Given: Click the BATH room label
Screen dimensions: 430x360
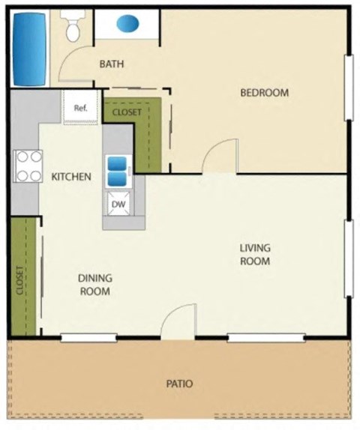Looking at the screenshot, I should (112, 64).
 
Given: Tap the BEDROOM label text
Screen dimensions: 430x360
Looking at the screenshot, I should (264, 93).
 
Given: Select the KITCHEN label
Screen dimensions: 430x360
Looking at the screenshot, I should (71, 178).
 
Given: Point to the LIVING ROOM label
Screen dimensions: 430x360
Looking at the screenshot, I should (254, 255).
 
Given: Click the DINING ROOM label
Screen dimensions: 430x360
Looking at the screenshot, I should (95, 285).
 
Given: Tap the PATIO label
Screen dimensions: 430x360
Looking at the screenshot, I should (179, 384).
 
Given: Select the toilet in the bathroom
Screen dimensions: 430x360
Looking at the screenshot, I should (73, 27).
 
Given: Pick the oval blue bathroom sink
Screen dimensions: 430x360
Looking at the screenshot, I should (128, 24).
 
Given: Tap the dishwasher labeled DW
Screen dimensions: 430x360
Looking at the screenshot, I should (118, 203).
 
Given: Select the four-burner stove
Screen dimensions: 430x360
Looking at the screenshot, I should (27, 166).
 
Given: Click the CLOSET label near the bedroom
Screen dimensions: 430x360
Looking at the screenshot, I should (126, 112).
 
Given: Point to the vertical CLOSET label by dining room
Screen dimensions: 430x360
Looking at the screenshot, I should (20, 281).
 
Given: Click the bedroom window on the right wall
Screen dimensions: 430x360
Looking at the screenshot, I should (349, 88).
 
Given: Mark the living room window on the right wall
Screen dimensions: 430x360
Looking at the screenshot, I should (349, 258).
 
